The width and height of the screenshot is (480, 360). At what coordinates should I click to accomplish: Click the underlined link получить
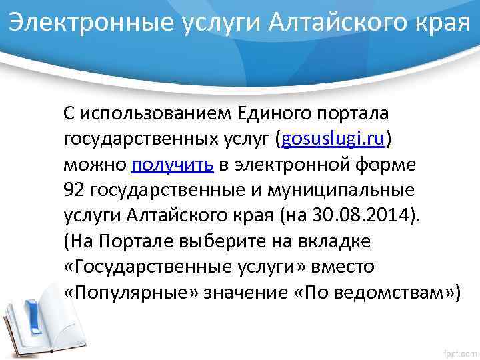click(x=173, y=164)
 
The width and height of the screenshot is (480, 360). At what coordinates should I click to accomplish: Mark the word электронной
click(x=291, y=164)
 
